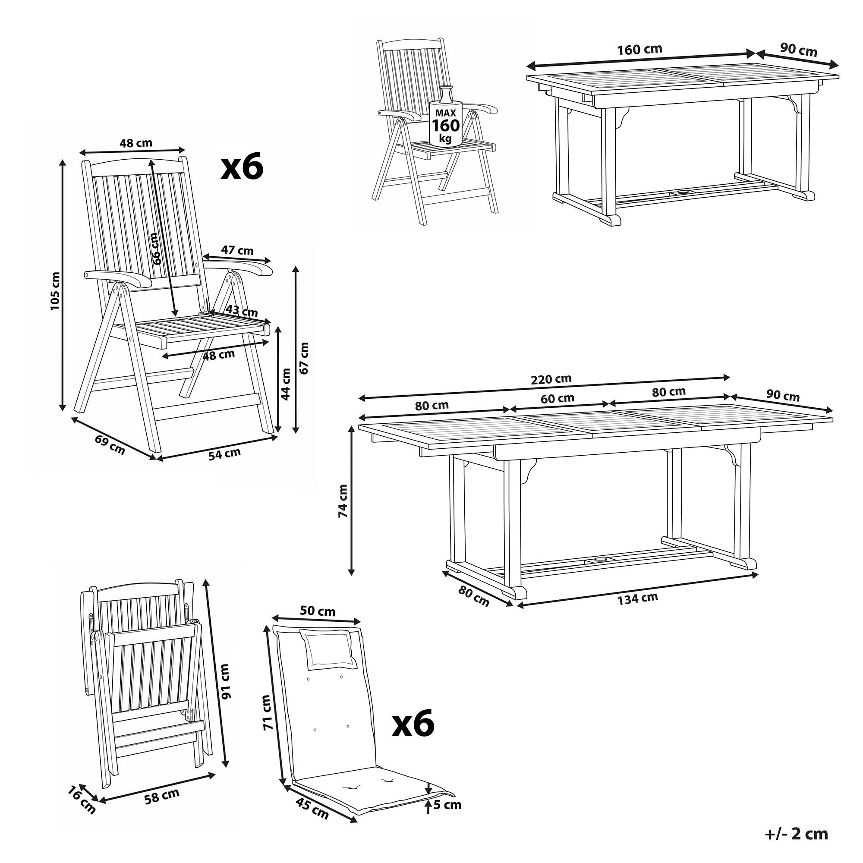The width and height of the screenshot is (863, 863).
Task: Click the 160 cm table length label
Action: tap(639, 50)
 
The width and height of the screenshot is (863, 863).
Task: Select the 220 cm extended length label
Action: tap(551, 379)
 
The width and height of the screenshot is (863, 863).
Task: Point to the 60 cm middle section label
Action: tap(557, 398)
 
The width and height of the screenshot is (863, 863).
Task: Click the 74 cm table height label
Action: tap(343, 501)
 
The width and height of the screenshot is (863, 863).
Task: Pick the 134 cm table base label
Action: tap(637, 598)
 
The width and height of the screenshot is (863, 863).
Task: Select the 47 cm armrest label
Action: tap(237, 250)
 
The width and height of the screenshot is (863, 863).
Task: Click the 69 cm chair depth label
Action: tap(110, 444)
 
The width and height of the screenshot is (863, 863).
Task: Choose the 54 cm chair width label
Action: tap(224, 454)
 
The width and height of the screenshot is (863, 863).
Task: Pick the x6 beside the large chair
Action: tap(242, 168)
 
